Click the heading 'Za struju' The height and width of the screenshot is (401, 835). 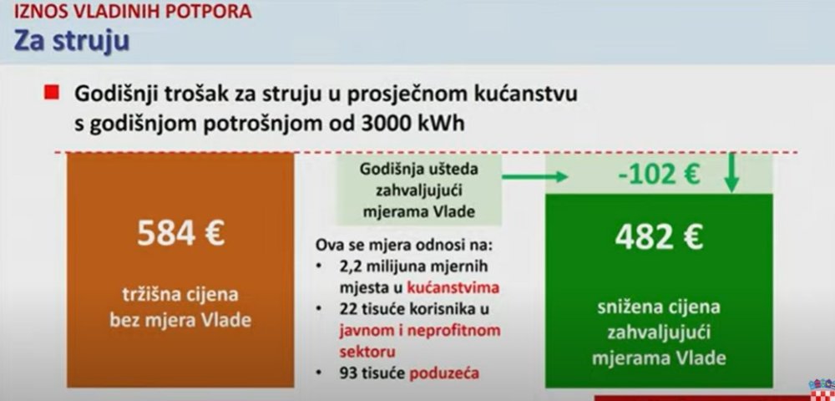tap(72, 41)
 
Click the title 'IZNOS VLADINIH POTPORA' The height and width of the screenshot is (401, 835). tap(133, 11)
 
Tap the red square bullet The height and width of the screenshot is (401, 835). tap(51, 94)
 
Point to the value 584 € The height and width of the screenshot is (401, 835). tap(180, 233)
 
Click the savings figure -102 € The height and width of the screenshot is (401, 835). tap(659, 174)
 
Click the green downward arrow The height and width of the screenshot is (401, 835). tap(731, 173)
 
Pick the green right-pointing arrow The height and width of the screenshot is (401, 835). tap(535, 175)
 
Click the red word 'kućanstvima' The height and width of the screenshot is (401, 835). tap(453, 287)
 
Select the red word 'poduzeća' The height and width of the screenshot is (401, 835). tap(445, 373)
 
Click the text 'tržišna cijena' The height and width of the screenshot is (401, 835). tap(180, 295)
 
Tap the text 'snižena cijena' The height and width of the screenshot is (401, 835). tap(659, 307)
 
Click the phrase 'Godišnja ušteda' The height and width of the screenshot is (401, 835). tap(419, 170)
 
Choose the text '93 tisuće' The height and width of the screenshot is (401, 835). tap(372, 373)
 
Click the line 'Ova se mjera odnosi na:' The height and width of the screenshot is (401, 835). tap(405, 246)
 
